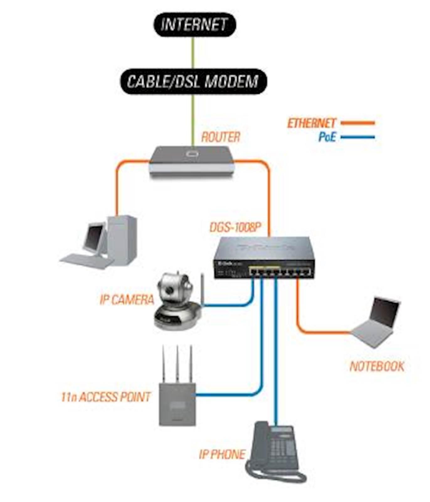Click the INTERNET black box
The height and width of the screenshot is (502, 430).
pos(194,24)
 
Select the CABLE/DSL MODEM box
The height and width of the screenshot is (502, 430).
pos(193,81)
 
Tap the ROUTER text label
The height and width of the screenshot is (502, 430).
pos(220,137)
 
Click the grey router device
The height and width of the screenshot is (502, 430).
pos(192,160)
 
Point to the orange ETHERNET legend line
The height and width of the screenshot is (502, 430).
pos(358,123)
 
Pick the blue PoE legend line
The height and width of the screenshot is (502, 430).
pos(358,137)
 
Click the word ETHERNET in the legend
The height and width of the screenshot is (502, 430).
pos(312,123)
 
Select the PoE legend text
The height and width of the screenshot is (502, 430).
pos(327,137)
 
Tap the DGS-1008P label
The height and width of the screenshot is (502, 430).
pos(236,227)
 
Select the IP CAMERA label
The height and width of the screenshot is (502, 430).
pos(127,300)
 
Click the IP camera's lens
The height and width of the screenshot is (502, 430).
pos(170,290)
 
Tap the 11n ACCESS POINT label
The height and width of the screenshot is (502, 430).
pos(106,397)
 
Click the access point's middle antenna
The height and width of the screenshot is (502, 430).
pos(177,364)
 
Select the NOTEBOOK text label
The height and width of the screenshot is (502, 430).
pos(377,366)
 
